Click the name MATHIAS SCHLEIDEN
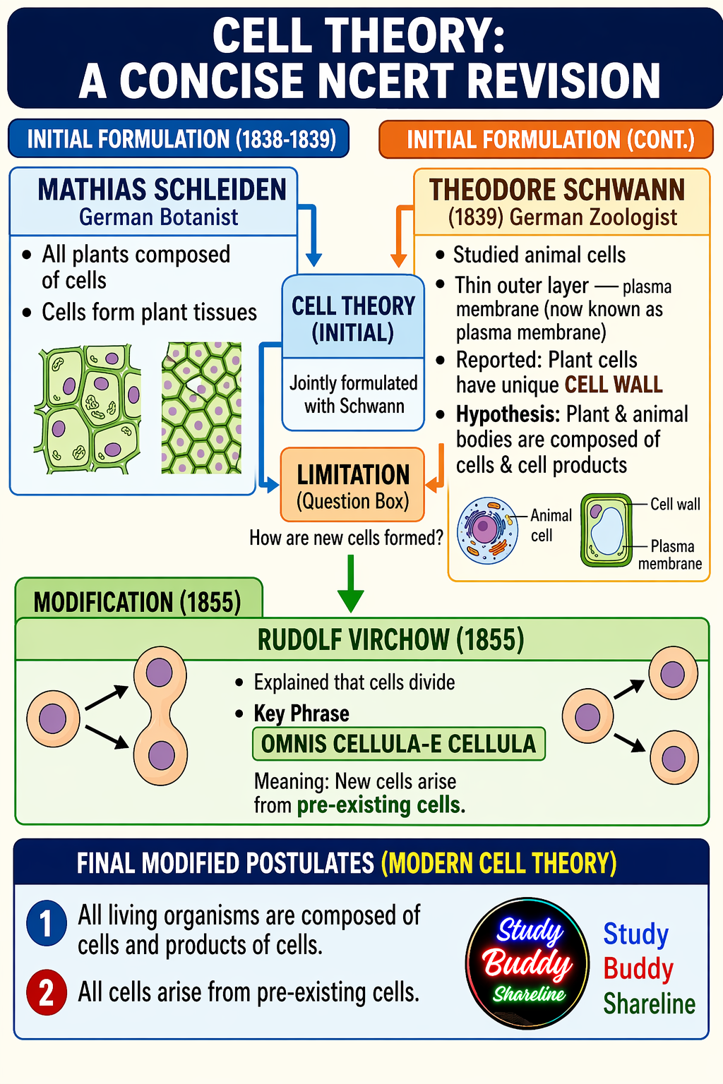tap(162, 190)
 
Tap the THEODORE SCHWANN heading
tap(557, 190)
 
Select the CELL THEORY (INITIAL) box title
tap(353, 319)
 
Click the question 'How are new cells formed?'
tap(346, 538)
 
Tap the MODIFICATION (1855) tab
tap(138, 602)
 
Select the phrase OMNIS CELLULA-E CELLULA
tap(399, 744)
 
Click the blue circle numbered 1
tap(47, 923)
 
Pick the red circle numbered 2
tap(47, 992)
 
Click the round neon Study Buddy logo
tap(527, 963)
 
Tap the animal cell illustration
tap(487, 530)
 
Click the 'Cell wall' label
tap(675, 504)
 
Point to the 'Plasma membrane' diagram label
tap(671, 555)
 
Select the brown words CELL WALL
tap(614, 385)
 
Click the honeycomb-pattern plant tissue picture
tap(201, 408)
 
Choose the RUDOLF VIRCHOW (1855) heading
tap(390, 640)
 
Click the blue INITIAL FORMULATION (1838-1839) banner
tap(179, 139)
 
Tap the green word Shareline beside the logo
tap(649, 1004)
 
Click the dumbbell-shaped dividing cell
tap(160, 716)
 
